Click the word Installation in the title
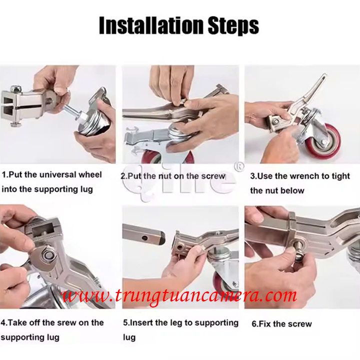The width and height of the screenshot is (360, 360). pyautogui.click(x=151, y=25)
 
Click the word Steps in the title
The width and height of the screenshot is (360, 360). pyautogui.click(x=233, y=25)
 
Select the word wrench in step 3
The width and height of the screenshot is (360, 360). pyautogui.click(x=304, y=176)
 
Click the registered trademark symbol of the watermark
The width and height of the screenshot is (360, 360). pyautogui.click(x=239, y=167)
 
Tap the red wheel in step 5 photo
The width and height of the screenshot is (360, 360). pyautogui.click(x=223, y=283)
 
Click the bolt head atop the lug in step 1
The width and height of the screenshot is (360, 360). pyautogui.click(x=16, y=88)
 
